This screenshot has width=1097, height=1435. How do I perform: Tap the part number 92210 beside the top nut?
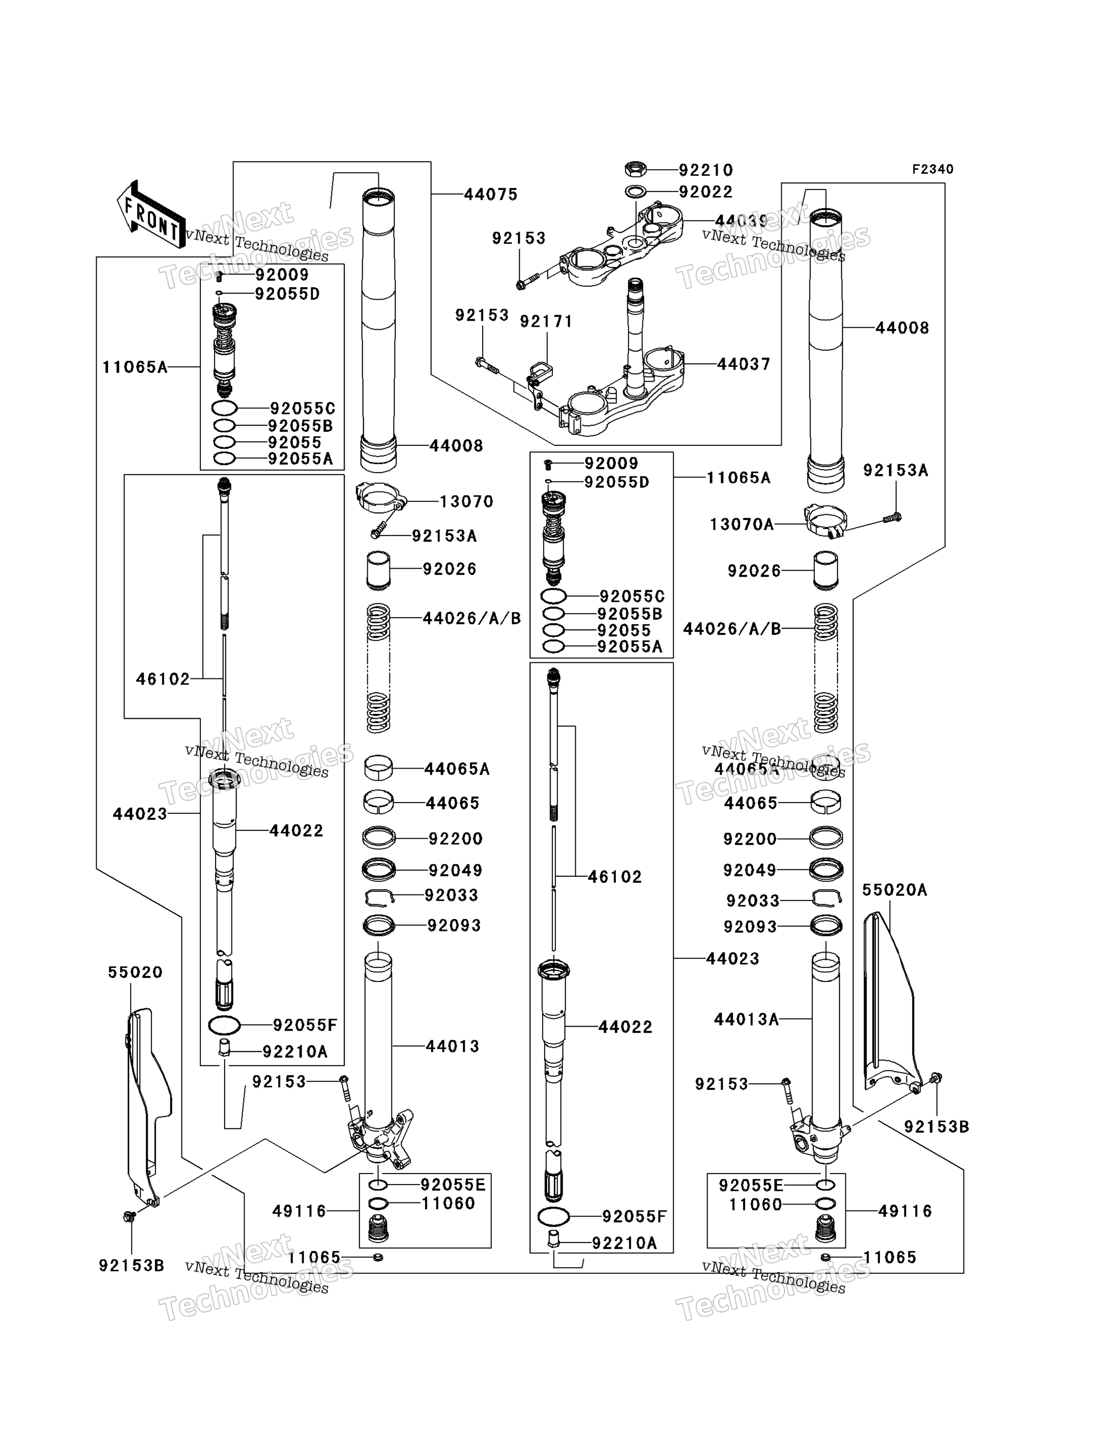pos(706,170)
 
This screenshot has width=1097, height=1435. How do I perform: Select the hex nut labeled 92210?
pos(635,169)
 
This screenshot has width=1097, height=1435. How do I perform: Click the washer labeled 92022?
pos(635,192)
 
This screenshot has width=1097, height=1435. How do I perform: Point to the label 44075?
pos(491,194)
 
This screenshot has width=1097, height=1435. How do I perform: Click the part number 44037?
pos(744,364)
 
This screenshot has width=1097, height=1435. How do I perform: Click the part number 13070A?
pos(742,524)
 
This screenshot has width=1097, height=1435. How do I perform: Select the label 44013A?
pos(746,1019)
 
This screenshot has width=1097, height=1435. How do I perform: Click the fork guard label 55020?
pos(135,972)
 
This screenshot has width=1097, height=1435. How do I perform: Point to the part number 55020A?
pos(895,890)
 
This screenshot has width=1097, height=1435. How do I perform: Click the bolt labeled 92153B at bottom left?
pos(129,1216)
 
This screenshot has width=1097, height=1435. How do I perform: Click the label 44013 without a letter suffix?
pos(453,1047)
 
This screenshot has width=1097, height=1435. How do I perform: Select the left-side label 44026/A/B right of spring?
pos(472,618)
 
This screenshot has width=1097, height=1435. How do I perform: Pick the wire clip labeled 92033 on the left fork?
pos(379,898)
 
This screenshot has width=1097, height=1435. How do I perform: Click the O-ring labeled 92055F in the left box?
pos(224,1026)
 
